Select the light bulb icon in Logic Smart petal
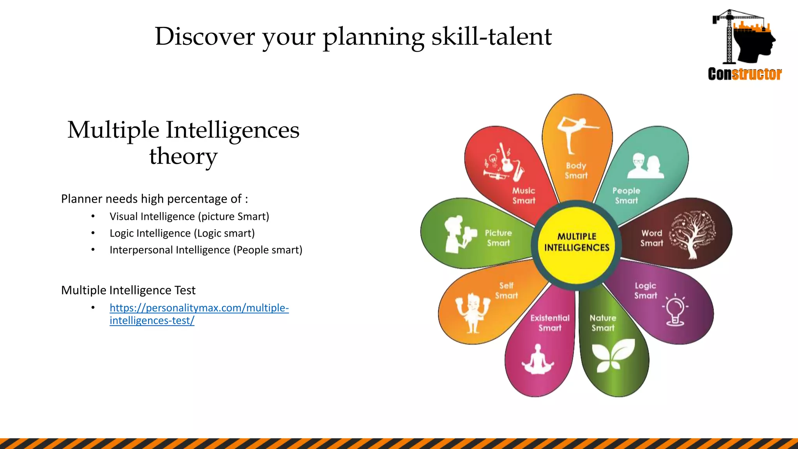coord(675,310)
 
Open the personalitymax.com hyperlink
coord(199,308)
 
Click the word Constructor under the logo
coord(745,74)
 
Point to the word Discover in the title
coord(205,37)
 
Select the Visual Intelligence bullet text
coord(189,216)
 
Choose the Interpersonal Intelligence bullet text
coord(206,250)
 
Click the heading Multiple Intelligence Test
coord(128,290)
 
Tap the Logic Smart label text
coord(645,291)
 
